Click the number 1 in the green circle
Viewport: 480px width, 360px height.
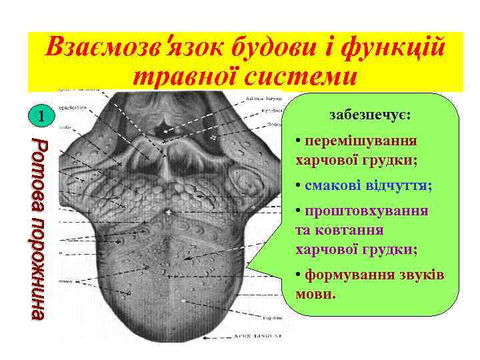41,119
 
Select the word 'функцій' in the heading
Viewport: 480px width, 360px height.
399,47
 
